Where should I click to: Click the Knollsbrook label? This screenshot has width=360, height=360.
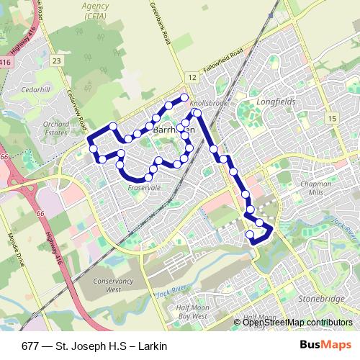pos(210,104)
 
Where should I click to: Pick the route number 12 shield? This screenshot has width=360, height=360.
pos(192,76)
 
